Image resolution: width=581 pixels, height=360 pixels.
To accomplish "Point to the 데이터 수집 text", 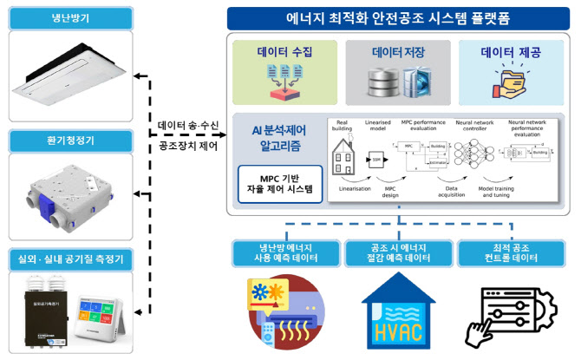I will click(284, 53).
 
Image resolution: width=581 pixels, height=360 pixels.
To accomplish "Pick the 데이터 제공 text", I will click(510, 53).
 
